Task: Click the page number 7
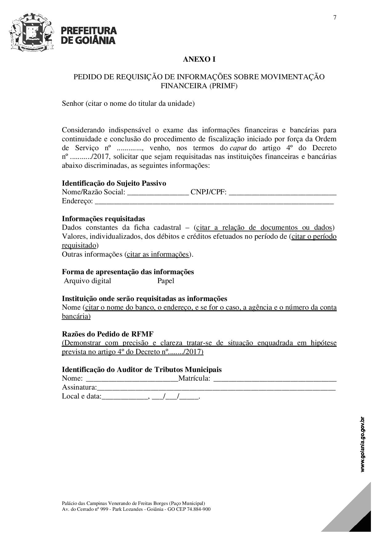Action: [335, 17]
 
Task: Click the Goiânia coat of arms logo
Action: [32, 32]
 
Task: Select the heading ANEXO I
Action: [199, 59]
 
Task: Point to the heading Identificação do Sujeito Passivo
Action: [114, 183]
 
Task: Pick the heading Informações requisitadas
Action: [104, 219]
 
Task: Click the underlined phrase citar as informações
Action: [157, 254]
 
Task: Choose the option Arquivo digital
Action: [87, 281]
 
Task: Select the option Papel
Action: [166, 281]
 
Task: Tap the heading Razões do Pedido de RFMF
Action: [108, 334]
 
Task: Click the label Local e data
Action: [81, 396]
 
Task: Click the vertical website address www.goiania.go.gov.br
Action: [363, 444]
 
